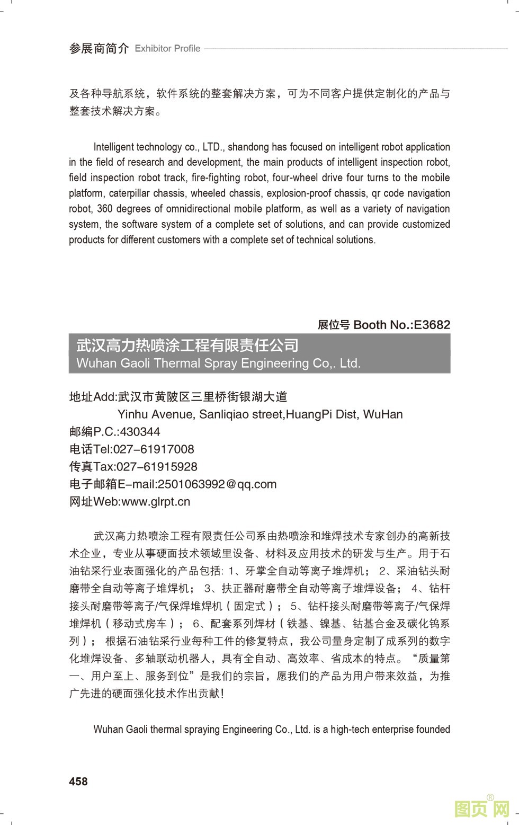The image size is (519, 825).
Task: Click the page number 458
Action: tap(78, 782)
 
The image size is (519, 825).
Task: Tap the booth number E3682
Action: tap(432, 325)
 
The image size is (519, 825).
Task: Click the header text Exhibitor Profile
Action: tap(167, 49)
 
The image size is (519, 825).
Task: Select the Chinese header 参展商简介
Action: tap(99, 49)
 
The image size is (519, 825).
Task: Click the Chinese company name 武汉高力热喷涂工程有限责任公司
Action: tap(187, 346)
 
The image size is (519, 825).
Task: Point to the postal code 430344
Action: tap(140, 432)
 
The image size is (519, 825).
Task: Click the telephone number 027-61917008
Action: tap(154, 449)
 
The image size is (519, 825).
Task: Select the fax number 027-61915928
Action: tap(156, 467)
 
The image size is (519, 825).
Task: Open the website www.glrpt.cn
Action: tap(156, 502)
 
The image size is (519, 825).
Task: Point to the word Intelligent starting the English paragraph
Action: tap(114, 147)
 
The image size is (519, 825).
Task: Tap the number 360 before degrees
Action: tap(104, 209)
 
